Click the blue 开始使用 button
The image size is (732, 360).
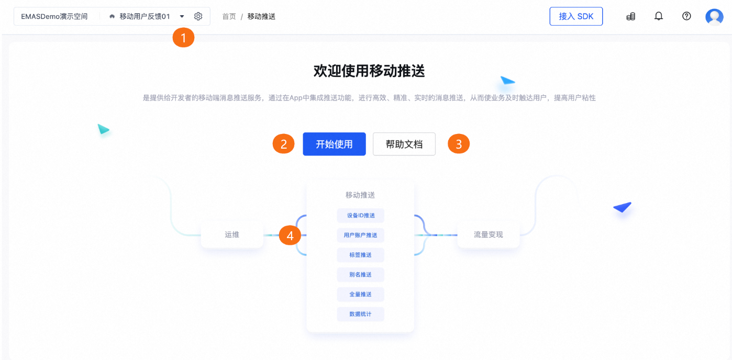[334, 144]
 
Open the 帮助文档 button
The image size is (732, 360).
[404, 144]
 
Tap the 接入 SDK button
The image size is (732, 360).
[576, 16]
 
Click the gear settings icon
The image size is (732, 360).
[198, 16]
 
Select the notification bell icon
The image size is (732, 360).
[659, 16]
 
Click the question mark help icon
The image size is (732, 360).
[686, 16]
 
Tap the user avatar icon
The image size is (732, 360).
[714, 17]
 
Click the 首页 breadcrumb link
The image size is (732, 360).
[229, 16]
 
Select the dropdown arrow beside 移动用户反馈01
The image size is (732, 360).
[182, 16]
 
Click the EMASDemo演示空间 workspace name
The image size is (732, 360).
[54, 16]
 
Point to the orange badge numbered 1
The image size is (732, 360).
[183, 37]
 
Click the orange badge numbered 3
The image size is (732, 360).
[459, 144]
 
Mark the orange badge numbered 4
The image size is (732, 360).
[290, 235]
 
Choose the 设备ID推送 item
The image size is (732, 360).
[361, 215]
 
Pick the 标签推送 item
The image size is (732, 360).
[361, 255]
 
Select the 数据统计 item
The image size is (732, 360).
[361, 314]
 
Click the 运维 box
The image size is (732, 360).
[232, 235]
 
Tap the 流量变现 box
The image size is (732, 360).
[488, 235]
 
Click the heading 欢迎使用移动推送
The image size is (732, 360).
[369, 71]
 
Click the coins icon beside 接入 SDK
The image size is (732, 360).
[631, 16]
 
